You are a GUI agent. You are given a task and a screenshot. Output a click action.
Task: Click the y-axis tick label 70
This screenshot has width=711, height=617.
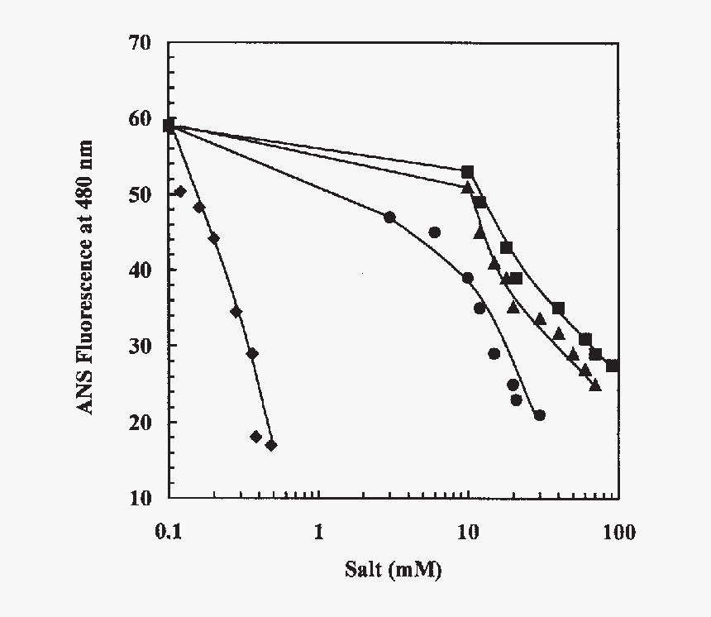(x=140, y=42)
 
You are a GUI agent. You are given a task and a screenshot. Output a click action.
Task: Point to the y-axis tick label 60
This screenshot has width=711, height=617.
(x=140, y=118)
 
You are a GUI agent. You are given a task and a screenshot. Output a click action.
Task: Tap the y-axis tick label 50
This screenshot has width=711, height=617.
(x=140, y=194)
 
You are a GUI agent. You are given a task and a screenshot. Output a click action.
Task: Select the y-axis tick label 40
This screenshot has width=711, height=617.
(x=140, y=270)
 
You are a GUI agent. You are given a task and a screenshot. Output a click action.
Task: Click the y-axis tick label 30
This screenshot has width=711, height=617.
(x=140, y=346)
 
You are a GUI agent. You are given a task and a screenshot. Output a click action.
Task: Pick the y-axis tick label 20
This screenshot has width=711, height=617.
(x=140, y=422)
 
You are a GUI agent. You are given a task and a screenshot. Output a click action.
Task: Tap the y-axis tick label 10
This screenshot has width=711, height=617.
(x=140, y=498)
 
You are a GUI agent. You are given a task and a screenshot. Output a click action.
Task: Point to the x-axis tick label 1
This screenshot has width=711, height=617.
(x=318, y=531)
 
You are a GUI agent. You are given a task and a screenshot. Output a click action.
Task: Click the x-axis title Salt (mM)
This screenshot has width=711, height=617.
(x=394, y=570)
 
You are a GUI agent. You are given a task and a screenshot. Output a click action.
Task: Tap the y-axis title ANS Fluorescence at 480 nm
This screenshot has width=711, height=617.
(x=86, y=278)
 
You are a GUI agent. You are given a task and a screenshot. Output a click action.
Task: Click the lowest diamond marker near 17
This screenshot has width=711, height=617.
(x=271, y=446)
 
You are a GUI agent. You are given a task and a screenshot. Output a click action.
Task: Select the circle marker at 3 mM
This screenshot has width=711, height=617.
(x=389, y=218)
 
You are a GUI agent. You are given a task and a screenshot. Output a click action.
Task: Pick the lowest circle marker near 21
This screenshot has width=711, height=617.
(x=539, y=415)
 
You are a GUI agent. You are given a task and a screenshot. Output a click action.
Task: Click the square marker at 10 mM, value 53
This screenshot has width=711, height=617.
(x=467, y=172)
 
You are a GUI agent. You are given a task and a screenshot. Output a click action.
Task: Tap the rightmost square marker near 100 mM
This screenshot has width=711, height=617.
(x=612, y=366)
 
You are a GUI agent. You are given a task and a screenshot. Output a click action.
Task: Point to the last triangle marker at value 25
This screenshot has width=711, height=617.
(x=595, y=385)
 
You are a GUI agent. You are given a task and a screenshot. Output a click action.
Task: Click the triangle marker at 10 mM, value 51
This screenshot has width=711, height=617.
(x=467, y=188)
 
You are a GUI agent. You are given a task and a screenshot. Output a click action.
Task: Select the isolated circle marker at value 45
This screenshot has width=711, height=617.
(x=435, y=232)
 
